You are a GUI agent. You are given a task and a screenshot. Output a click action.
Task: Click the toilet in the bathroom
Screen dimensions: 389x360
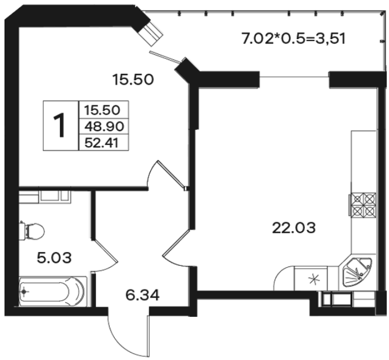[32, 231]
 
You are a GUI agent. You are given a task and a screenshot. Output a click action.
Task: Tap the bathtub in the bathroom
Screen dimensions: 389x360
[53, 291]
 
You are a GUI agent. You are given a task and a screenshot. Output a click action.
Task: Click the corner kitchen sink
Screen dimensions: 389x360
[357, 272]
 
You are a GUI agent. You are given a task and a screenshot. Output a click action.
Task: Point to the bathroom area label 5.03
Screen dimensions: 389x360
[54, 258]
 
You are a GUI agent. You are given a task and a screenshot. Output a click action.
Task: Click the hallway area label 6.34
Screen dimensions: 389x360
[142, 295]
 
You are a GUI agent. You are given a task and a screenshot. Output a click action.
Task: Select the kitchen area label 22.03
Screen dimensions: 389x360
[294, 228]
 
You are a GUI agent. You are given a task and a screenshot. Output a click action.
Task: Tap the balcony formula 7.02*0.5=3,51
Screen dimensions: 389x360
[294, 39]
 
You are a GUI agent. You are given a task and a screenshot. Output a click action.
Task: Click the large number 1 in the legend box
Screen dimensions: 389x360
[59, 125]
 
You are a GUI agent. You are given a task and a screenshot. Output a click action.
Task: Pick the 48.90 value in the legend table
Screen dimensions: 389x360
[104, 127]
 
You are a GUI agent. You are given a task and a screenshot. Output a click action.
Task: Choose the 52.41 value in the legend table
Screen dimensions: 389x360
[101, 143]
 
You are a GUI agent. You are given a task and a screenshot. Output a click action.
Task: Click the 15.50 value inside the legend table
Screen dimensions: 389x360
[102, 110]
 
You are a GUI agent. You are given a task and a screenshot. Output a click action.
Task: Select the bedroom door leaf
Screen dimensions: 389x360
[171, 174]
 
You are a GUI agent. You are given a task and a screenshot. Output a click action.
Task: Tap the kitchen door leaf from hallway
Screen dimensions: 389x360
[177, 242]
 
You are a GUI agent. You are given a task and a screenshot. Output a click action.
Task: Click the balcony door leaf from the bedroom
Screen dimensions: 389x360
[165, 56]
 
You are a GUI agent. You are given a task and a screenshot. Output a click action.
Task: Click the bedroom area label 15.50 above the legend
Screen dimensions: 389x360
[133, 80]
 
